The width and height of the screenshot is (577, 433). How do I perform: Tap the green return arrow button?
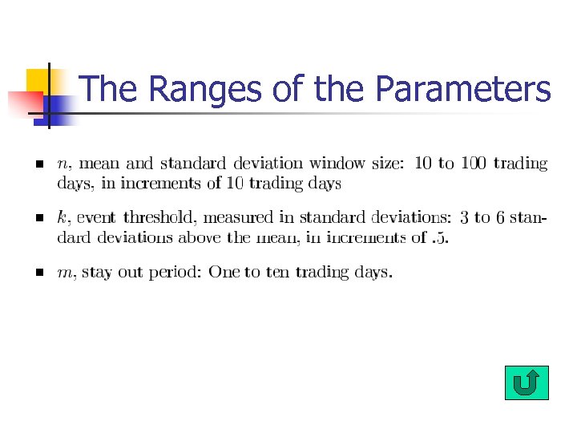(x=527, y=382)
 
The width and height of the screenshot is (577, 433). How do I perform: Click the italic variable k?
(x=61, y=216)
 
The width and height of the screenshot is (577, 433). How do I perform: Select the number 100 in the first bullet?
(x=474, y=164)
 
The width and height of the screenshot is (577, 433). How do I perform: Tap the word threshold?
(x=155, y=216)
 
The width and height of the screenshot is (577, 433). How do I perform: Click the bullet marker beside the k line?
(x=38, y=217)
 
